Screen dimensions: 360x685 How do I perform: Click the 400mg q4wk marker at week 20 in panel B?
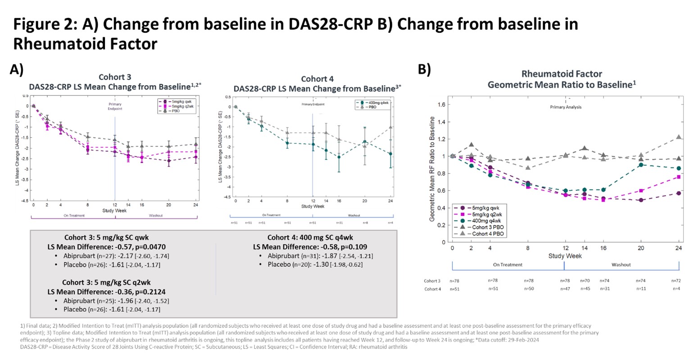[x=641, y=165]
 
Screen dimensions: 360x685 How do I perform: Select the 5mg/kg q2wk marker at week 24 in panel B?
[x=679, y=177]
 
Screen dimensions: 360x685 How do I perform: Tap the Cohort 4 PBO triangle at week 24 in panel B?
[x=679, y=137]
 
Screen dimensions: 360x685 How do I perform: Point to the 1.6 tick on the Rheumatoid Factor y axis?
[x=442, y=105]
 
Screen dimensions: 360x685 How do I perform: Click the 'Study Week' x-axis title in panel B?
[x=565, y=256]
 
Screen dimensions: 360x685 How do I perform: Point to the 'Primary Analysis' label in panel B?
[x=566, y=107]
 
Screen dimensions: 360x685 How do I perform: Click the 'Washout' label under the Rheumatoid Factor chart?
[x=621, y=265]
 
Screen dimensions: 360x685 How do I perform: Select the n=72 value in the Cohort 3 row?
[x=676, y=281]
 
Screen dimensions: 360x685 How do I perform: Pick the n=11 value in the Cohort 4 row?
[x=641, y=288]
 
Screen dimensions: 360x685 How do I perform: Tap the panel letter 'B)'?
[x=424, y=70]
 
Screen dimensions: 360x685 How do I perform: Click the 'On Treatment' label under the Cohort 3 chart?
[x=74, y=216]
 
